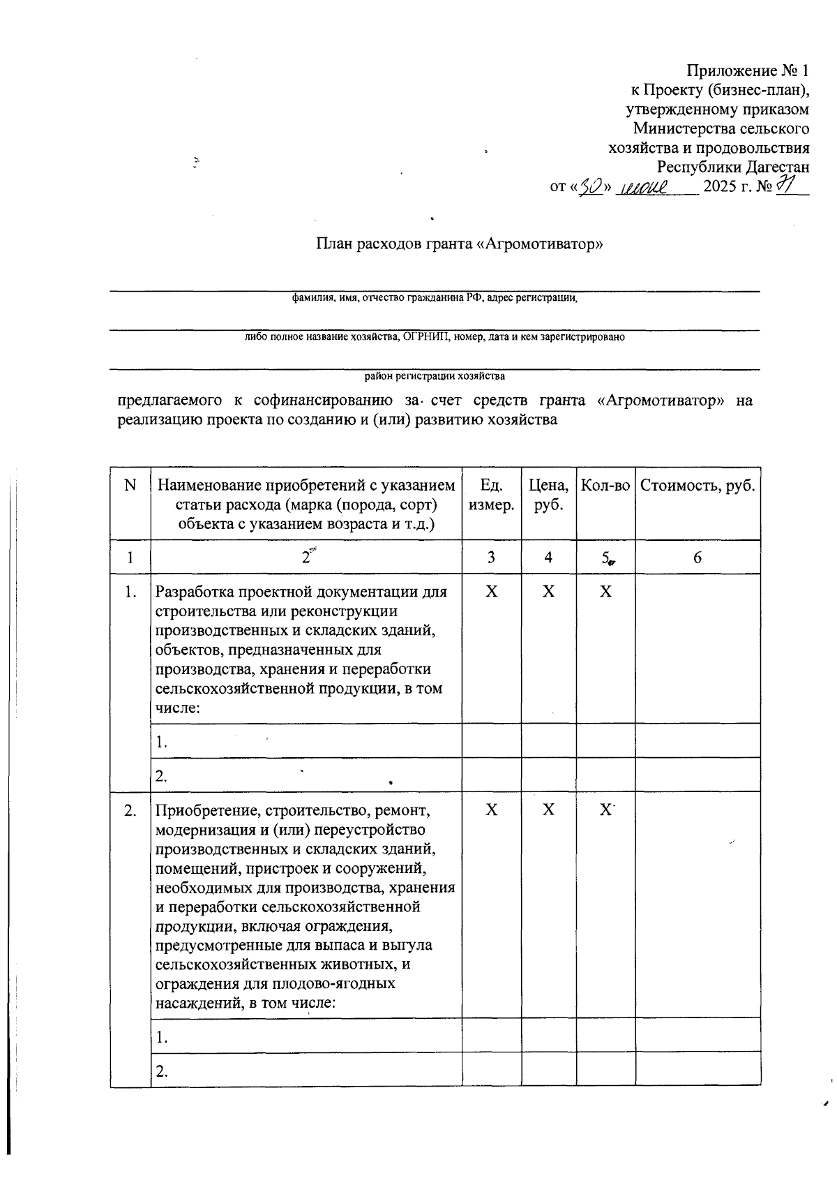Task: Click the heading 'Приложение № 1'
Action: click(748, 71)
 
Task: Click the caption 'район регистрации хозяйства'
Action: click(435, 376)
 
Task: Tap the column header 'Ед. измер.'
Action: click(491, 495)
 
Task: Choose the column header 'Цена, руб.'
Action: click(549, 495)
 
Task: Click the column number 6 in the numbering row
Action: click(697, 557)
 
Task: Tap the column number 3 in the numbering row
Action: click(491, 557)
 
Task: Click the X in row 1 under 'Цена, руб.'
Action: click(549, 592)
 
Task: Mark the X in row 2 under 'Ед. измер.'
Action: click(491, 810)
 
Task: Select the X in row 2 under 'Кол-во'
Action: click(605, 810)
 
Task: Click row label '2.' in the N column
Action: click(130, 811)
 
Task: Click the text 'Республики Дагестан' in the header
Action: click(733, 167)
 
